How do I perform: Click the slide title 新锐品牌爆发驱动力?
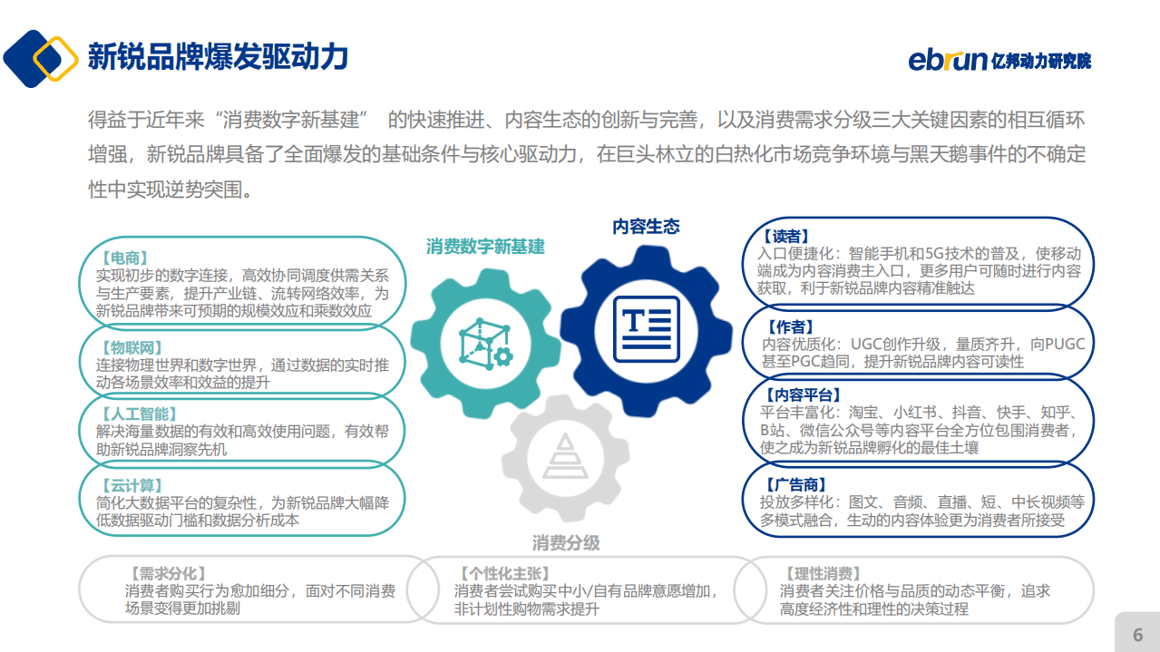click(218, 57)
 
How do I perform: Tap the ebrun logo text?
click(947, 60)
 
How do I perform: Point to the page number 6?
click(1137, 635)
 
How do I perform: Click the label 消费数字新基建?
click(485, 247)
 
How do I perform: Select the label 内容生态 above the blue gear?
click(646, 227)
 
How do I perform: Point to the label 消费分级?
click(566, 543)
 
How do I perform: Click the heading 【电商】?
click(126, 258)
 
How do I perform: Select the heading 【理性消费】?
click(821, 573)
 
